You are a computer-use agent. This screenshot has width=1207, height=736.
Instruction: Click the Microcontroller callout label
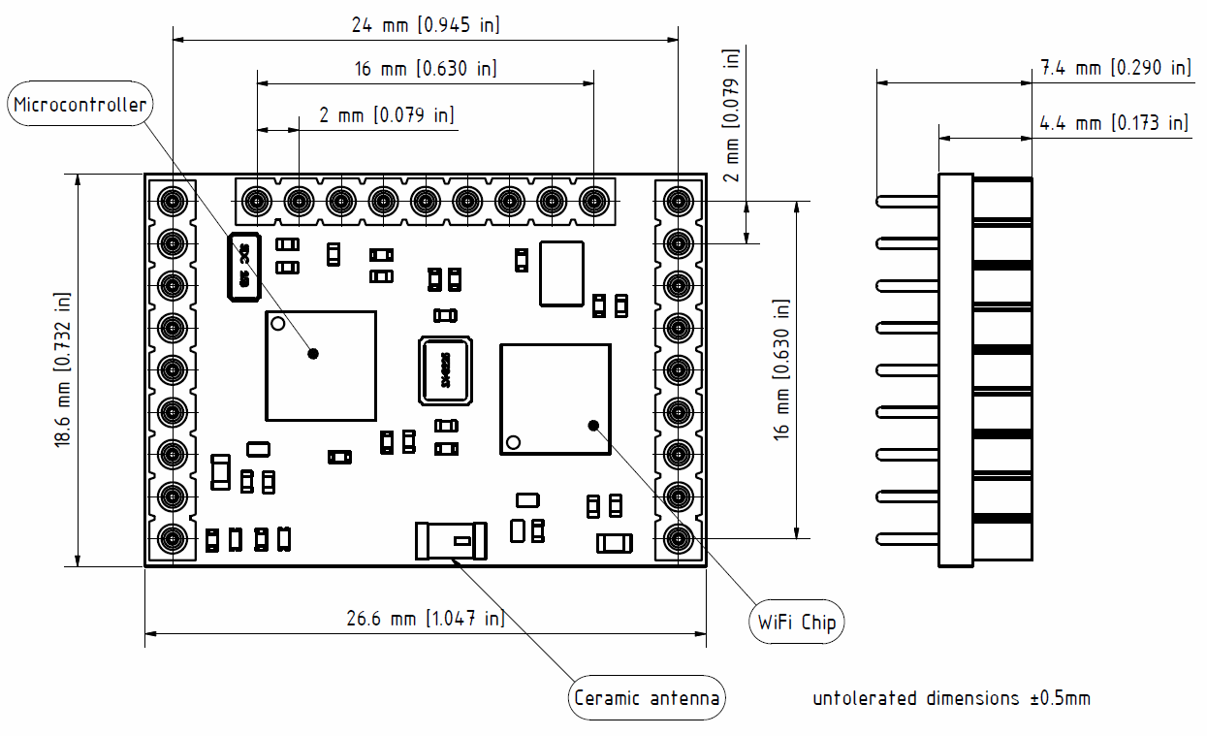point(80,105)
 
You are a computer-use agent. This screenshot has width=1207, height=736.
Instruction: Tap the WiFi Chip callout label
point(796,622)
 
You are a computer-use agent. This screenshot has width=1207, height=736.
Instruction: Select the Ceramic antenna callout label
point(647,698)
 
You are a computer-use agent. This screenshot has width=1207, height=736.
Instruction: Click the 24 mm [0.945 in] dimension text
point(426,25)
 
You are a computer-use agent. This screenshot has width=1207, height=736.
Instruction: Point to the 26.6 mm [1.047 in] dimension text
point(426,619)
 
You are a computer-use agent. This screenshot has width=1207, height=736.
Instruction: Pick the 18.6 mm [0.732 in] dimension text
point(63,369)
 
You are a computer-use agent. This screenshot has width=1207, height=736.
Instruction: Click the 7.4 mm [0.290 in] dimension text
point(1115,68)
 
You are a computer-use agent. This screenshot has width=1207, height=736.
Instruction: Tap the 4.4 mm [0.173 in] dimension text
point(1114,123)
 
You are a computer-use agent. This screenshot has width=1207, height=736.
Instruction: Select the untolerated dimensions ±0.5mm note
point(951,698)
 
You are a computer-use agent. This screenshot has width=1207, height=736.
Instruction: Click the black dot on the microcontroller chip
point(313,354)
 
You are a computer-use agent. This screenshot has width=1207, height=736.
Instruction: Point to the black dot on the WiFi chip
point(593,424)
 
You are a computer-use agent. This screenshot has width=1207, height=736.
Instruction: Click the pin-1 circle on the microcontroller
point(277,323)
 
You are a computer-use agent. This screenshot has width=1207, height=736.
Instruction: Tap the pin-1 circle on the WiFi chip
point(513,442)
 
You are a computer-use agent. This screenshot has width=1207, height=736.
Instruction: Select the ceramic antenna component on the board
point(451,540)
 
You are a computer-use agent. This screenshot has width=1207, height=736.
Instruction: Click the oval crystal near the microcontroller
point(243,267)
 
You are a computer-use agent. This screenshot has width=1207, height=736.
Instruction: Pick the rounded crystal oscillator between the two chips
point(445,370)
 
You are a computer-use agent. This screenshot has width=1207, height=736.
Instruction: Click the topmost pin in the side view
point(907,202)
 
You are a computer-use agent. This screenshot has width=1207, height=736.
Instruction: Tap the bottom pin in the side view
point(907,539)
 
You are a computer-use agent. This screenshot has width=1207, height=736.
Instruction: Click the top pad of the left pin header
point(173,202)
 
